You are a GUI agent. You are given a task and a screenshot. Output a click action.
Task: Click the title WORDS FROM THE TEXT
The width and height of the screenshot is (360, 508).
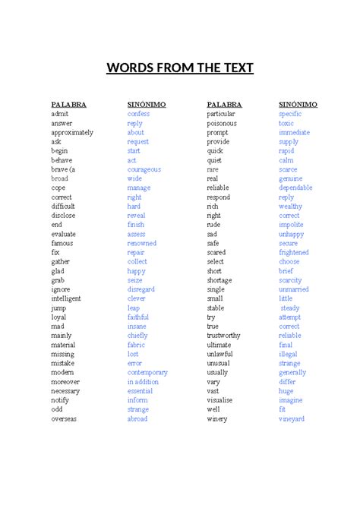[x=180, y=69]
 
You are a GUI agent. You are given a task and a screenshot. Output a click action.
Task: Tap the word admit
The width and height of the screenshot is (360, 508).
[x=60, y=114]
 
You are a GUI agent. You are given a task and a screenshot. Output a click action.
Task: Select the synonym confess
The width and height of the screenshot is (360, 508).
[x=138, y=114]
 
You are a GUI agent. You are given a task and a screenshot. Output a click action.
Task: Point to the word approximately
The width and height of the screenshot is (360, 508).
[x=72, y=132]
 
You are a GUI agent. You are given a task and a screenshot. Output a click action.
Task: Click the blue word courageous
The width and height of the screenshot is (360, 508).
[x=144, y=169]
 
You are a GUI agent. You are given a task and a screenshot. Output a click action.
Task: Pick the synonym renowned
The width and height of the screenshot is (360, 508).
[x=142, y=243]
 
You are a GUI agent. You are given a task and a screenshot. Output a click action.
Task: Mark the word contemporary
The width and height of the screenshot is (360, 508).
[x=147, y=372]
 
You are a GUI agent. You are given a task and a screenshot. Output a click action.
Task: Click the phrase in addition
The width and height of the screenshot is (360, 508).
[x=143, y=382]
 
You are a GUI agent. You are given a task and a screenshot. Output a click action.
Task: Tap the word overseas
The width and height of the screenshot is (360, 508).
[x=65, y=418]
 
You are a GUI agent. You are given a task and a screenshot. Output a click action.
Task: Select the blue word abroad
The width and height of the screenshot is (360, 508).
[x=137, y=418]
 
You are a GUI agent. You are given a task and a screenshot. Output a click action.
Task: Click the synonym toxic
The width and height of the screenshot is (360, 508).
[x=286, y=123]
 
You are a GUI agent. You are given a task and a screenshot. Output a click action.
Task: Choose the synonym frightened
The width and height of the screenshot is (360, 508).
[x=294, y=252]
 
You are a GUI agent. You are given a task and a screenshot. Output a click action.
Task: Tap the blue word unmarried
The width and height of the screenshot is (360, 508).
[x=294, y=289]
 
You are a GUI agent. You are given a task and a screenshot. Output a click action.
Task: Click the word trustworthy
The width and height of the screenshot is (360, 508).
[x=225, y=336]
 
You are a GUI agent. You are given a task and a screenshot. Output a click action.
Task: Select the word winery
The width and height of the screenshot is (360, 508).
[x=217, y=418]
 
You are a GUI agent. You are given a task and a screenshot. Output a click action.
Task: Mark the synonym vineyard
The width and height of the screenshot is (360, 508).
[x=292, y=418]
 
